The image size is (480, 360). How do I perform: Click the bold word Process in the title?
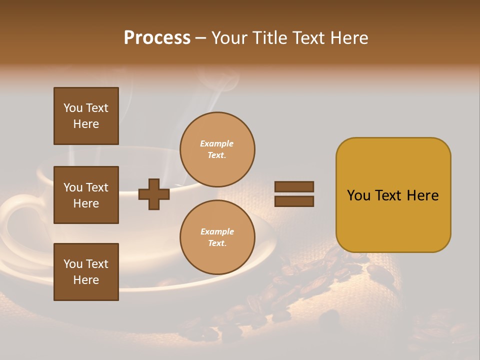coord(157,37)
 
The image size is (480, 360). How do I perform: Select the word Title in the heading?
coord(269,37)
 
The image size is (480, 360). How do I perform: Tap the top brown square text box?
coord(86,116)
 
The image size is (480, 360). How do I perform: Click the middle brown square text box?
coord(86,195)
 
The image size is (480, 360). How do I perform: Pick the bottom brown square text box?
coord(86,271)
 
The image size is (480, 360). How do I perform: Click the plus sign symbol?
coord(153,194)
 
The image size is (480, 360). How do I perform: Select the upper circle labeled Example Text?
coord(217,149)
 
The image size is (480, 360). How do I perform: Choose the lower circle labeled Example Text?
coord(217,237)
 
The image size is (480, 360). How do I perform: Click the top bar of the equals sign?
coord(294,187)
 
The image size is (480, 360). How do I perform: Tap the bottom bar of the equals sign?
coord(294,201)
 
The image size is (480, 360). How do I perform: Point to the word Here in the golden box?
coord(422,195)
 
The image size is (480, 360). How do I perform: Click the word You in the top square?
coord(73,108)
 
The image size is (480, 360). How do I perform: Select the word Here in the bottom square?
coord(86,280)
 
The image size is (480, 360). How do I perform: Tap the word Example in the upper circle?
coord(217,143)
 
